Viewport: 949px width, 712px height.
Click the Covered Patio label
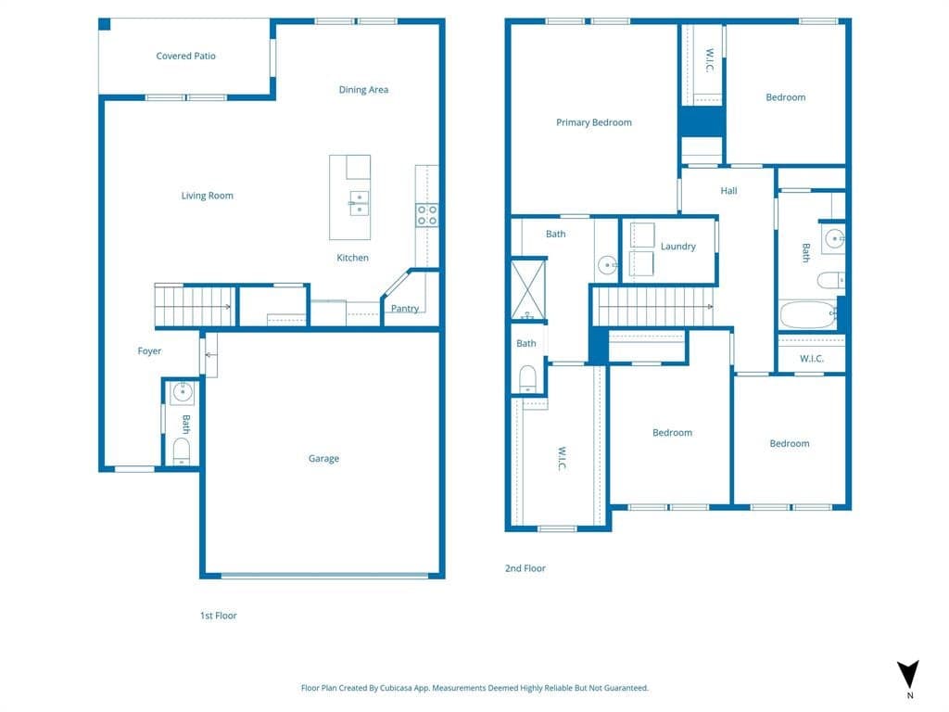point(185,56)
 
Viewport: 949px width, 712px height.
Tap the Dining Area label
point(363,90)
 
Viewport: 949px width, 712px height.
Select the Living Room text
point(207,196)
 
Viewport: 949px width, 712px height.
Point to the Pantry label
point(404,308)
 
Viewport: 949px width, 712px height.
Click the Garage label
point(323,458)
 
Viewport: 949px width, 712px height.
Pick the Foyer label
point(149,351)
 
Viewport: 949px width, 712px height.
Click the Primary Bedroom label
point(594,122)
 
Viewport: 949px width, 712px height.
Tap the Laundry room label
point(677,247)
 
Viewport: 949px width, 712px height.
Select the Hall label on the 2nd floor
point(728,191)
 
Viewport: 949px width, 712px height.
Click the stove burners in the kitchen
point(426,215)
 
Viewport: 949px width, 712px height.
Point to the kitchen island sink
point(359,203)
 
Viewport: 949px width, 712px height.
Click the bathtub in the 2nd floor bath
point(808,315)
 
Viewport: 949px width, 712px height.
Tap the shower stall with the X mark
point(528,290)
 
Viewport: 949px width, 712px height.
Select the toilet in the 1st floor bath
point(182,451)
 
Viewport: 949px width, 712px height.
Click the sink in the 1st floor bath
point(183,392)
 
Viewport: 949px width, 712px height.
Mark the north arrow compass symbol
point(908,675)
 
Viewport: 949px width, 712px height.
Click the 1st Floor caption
point(219,616)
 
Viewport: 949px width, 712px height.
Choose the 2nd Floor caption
point(525,568)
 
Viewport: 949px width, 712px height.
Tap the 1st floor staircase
point(194,306)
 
